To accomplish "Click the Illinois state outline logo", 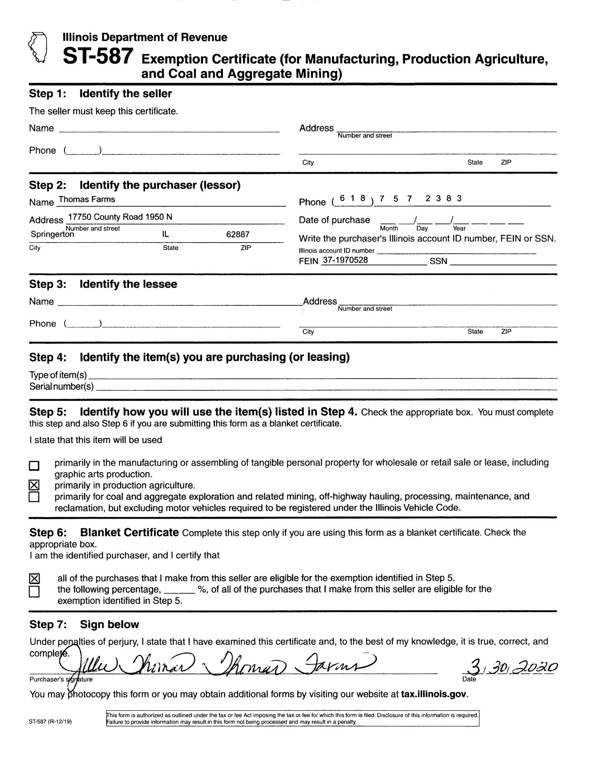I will [x=38, y=47].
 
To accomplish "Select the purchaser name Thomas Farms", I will [x=87, y=199].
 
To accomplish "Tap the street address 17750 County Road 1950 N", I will [x=120, y=217].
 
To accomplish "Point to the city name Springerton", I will [x=52, y=234].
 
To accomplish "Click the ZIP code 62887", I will [x=238, y=234].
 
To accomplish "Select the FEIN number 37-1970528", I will [x=345, y=260].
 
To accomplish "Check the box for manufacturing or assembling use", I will [x=34, y=465].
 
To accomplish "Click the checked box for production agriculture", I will [x=34, y=485].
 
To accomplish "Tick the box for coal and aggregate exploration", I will [x=34, y=497].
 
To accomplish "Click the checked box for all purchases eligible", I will [x=34, y=578].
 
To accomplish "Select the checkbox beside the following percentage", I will [x=34, y=591].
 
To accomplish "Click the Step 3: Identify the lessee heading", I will [x=103, y=284].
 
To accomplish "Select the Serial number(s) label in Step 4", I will [x=61, y=387].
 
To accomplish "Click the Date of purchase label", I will [x=334, y=220].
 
